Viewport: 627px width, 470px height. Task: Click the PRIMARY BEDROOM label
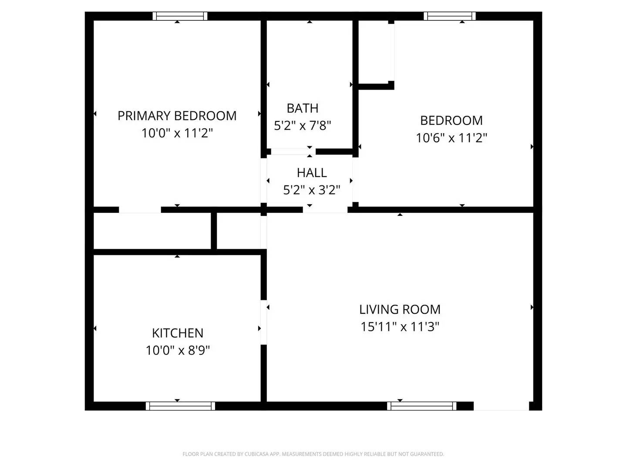tap(177, 116)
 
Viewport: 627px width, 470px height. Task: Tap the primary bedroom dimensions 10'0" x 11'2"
tap(177, 133)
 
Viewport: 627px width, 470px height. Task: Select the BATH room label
tap(302, 108)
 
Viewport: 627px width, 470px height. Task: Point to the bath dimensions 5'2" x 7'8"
tap(302, 126)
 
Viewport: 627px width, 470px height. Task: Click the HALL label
tap(312, 173)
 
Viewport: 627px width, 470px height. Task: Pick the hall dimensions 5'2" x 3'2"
tap(312, 190)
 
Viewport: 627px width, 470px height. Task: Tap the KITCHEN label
tap(178, 333)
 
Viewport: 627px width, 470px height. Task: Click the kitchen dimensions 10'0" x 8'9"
tap(178, 350)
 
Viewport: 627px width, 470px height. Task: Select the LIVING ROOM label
tap(400, 309)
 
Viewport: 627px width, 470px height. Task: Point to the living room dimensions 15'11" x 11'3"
tap(400, 327)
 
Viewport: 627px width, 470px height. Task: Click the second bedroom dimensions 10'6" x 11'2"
tap(451, 138)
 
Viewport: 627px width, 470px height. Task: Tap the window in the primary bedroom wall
tap(180, 16)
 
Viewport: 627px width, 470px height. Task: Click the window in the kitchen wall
tap(180, 406)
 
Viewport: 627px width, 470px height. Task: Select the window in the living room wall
tap(421, 406)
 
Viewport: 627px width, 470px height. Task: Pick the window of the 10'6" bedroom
tap(450, 16)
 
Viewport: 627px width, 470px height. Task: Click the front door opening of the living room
tap(501, 406)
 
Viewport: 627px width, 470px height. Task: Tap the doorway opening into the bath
tap(290, 151)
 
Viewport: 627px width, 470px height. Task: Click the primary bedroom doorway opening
tap(140, 210)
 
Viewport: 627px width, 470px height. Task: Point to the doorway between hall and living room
tap(325, 210)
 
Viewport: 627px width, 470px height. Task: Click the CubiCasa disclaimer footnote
tap(313, 454)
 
